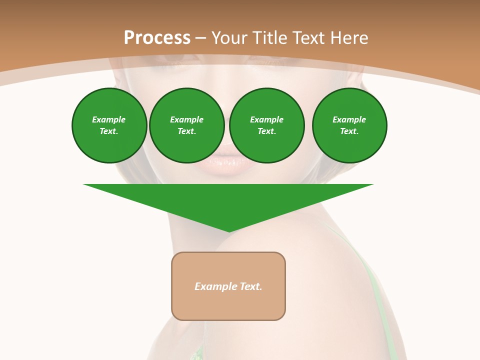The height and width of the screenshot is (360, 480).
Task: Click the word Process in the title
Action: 157,38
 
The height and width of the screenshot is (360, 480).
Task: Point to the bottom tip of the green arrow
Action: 229,231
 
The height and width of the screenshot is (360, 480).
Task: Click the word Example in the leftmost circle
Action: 109,120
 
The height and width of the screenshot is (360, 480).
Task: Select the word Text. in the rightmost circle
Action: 349,131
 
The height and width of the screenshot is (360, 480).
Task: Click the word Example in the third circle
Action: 266,120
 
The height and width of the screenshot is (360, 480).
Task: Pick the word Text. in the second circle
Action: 187,131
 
